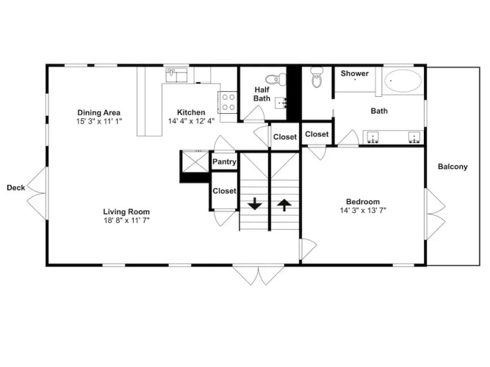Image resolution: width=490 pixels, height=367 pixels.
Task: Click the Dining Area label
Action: [98, 112]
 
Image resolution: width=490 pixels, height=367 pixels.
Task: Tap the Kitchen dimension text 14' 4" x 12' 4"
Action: [191, 121]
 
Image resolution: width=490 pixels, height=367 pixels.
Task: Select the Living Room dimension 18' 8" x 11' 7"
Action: [126, 220]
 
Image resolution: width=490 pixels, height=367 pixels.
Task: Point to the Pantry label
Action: [224, 161]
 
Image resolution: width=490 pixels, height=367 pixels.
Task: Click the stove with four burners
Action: [228, 102]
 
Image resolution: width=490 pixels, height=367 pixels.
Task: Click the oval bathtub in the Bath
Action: [403, 81]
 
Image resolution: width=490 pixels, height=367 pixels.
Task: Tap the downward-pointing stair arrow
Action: [255, 203]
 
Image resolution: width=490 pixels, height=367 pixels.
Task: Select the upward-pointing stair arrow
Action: [284, 206]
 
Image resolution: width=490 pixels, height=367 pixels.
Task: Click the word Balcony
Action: [453, 167]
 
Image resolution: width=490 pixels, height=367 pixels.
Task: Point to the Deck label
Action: [16, 188]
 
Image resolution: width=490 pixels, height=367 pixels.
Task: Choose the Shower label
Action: [354, 73]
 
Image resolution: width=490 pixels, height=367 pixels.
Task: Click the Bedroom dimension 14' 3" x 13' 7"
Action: [363, 211]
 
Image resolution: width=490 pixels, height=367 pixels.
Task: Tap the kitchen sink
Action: [176, 75]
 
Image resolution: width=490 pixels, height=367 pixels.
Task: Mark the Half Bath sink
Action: [281, 103]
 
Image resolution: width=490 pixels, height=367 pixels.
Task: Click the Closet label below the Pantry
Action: [224, 191]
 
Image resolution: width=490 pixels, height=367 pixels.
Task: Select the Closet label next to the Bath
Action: [317, 134]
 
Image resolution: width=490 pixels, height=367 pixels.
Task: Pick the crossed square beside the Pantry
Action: [195, 161]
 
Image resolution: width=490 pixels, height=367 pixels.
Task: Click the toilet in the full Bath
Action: [316, 78]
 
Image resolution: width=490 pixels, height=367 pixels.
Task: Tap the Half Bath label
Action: [262, 94]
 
